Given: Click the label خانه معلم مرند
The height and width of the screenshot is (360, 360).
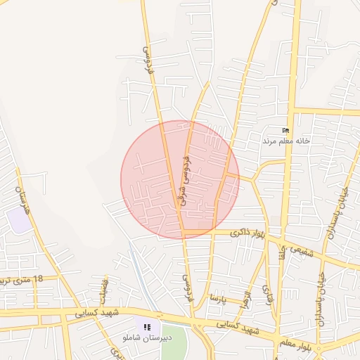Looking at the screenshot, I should (x=286, y=141).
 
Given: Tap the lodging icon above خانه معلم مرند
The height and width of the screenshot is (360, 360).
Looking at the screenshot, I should (x=285, y=130).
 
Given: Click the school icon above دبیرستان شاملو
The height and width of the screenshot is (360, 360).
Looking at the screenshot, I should (x=147, y=327).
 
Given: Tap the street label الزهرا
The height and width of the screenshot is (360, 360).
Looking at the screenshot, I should (x=246, y=290).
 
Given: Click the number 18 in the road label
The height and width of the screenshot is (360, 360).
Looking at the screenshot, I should (x=37, y=279).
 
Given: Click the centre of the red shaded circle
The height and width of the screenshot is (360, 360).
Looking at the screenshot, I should (x=180, y=179).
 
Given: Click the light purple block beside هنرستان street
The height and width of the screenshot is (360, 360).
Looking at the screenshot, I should (x=19, y=220).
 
